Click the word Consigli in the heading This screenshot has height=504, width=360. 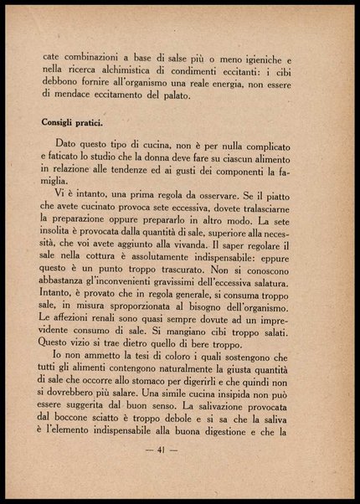pos(62,123)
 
